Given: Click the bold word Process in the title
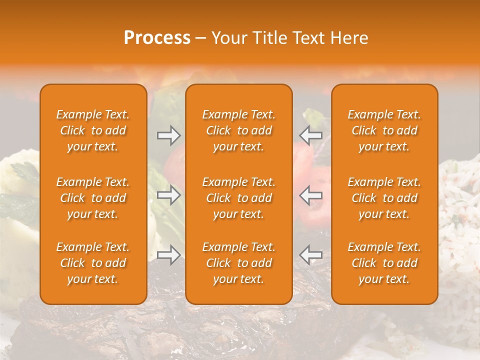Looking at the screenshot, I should [157, 38].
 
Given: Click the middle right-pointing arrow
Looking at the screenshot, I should [168, 195].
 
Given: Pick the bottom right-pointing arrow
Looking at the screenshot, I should [168, 254].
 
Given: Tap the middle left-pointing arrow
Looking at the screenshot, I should [311, 195].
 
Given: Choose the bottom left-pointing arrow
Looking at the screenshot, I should [311, 254].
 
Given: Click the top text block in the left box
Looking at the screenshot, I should [93, 130].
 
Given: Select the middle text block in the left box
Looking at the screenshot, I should [93, 198].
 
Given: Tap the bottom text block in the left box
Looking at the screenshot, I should [93, 263].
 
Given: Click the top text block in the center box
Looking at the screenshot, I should [239, 130].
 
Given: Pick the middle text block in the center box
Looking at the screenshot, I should [239, 198].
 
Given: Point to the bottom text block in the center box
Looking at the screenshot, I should [239, 263].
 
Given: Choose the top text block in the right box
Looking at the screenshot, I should [384, 130].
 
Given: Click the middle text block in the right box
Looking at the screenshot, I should [384, 198].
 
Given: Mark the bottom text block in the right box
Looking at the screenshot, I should [384, 263].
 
